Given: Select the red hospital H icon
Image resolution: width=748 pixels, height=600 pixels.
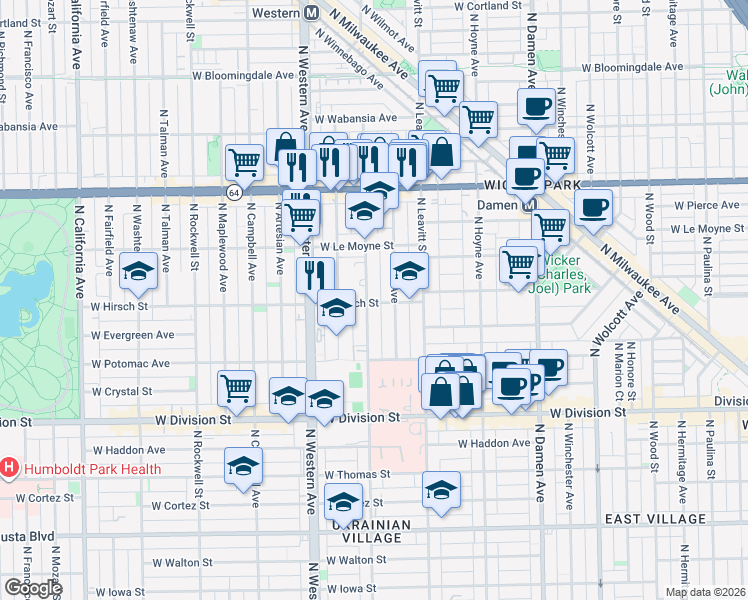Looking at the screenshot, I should click(x=9, y=467).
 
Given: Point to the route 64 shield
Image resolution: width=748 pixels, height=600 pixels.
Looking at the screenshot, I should click(x=234, y=191).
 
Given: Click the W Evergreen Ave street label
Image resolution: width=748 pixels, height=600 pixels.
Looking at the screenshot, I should click(x=132, y=335).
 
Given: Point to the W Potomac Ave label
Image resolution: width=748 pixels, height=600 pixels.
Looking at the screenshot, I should click(x=130, y=364).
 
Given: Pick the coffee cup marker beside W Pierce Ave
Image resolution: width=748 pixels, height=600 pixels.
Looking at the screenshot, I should click(x=594, y=207).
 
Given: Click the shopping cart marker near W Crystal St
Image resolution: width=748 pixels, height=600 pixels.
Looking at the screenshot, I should click(x=236, y=387).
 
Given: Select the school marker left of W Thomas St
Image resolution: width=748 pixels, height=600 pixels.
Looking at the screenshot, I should click(x=242, y=468).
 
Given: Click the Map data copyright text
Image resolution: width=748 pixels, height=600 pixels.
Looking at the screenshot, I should click(x=706, y=592).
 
